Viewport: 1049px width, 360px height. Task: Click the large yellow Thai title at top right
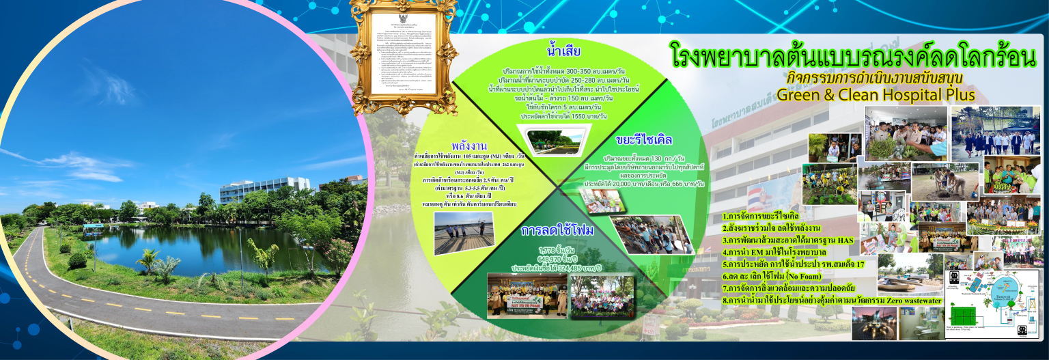click(x=854, y=57)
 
